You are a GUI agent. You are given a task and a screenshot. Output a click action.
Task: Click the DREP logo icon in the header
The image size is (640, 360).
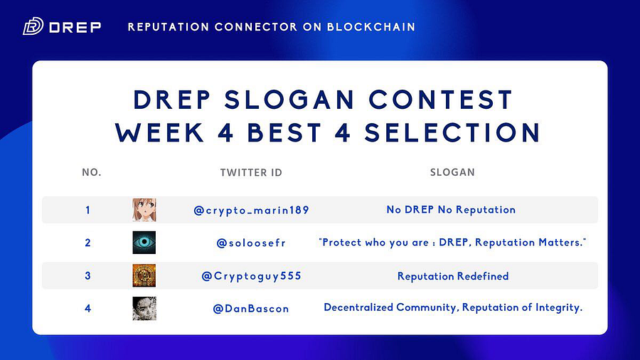tap(33, 26)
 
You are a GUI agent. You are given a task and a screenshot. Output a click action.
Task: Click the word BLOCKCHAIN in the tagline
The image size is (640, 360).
tap(371, 27)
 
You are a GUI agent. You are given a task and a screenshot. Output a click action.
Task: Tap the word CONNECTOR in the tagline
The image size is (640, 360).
tap(256, 27)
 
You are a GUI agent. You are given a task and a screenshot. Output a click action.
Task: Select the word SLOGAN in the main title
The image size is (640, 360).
tap(289, 100)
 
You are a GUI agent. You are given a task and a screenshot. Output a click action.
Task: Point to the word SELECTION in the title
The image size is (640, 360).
tap(453, 132)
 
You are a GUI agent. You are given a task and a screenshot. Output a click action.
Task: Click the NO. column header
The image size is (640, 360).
tap(92, 172)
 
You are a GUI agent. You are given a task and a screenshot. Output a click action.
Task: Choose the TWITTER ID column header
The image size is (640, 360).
tap(251, 173)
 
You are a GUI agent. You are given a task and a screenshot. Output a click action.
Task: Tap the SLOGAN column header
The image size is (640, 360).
tap(452, 172)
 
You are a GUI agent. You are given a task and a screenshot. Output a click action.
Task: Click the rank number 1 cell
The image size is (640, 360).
tap(87, 210)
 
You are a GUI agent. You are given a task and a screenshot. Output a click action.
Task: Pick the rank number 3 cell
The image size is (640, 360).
tap(87, 275)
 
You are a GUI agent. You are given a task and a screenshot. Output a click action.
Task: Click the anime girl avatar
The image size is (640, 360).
tap(144, 210)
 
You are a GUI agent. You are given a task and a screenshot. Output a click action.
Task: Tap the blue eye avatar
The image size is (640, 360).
tap(144, 243)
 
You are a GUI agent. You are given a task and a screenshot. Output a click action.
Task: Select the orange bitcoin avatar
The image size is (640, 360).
tap(144, 275)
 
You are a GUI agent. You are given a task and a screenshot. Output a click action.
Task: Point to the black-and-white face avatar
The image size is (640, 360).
tap(144, 309)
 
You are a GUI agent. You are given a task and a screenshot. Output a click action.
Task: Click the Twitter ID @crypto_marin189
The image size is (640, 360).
tap(252, 210)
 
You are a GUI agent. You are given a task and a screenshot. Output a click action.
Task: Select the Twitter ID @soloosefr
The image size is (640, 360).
tap(251, 243)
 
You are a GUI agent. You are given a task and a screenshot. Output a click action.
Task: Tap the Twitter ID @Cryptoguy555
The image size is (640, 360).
tap(252, 276)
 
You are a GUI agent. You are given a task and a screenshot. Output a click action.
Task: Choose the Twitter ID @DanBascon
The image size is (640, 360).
tap(251, 309)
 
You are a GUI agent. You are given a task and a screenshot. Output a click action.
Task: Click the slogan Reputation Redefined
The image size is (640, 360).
tap(453, 276)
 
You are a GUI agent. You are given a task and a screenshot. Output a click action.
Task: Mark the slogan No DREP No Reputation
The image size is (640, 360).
tap(451, 210)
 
